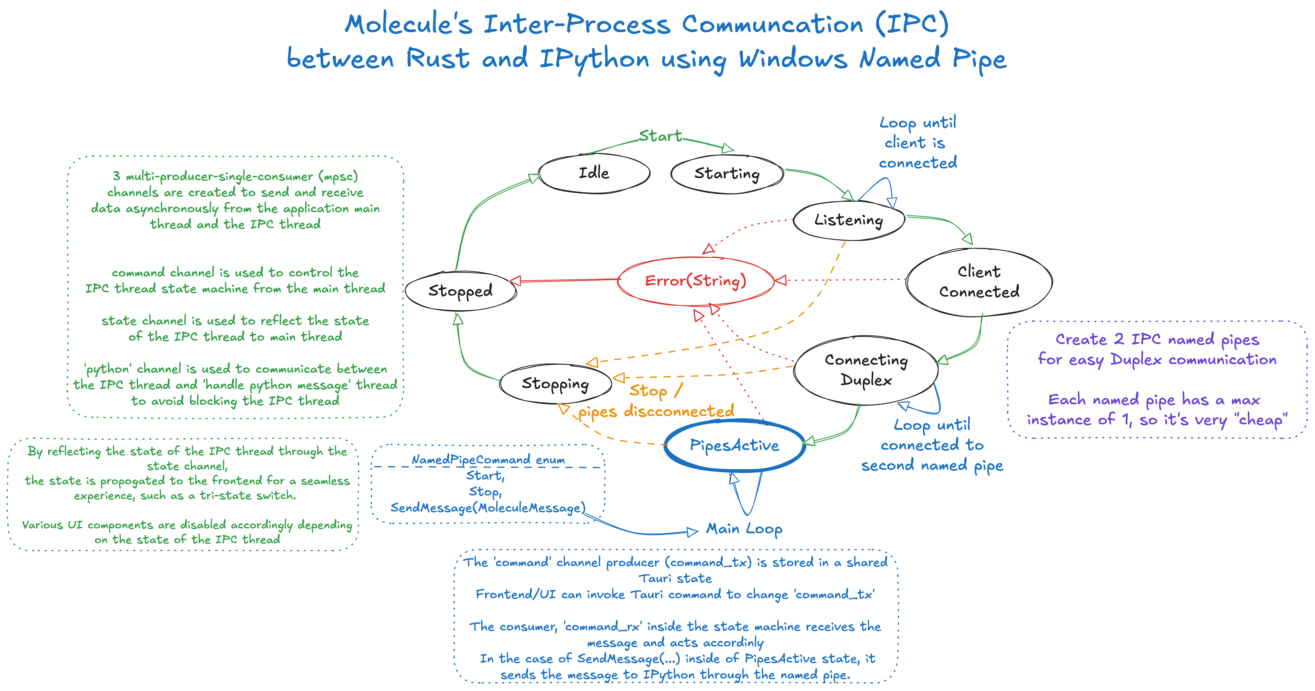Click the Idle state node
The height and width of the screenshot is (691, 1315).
point(594,173)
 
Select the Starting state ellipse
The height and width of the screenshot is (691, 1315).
point(727,174)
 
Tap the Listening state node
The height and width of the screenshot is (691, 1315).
point(848,220)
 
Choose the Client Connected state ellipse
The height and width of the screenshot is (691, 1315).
point(979,282)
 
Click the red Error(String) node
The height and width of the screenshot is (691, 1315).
point(695,281)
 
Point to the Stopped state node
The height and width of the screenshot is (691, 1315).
point(461,290)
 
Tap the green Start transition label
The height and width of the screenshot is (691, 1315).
point(660,136)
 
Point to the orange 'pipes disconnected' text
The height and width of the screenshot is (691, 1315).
point(656,412)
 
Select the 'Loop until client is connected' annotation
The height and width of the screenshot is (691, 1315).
point(917,142)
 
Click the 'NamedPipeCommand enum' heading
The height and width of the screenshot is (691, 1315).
point(488,460)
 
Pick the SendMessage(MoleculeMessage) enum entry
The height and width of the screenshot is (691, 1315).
point(488,508)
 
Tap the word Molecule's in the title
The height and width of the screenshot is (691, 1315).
point(408,25)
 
